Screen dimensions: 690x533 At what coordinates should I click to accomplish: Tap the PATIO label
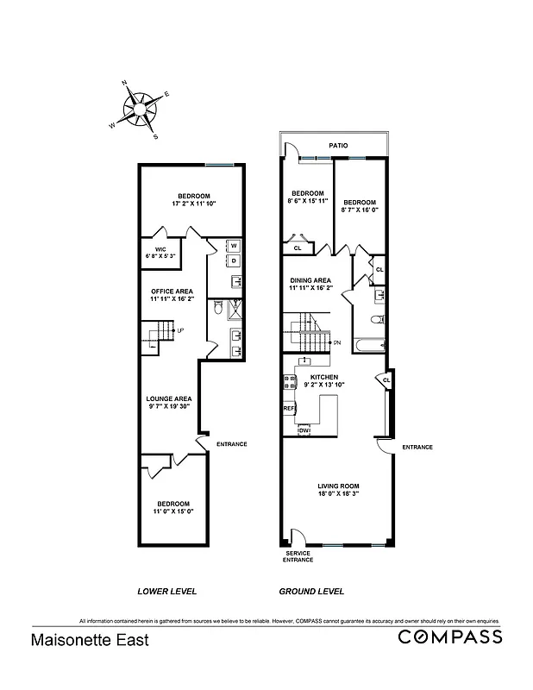click(x=338, y=146)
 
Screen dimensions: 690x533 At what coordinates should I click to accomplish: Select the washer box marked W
click(x=235, y=245)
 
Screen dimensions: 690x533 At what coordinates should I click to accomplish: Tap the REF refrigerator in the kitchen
click(x=289, y=408)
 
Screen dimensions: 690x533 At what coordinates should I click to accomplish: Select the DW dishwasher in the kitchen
click(x=304, y=430)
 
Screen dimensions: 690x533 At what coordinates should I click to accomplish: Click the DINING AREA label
click(x=310, y=280)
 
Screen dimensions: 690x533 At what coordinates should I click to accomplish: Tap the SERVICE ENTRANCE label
click(x=298, y=556)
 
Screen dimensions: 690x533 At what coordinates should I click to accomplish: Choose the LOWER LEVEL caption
click(x=167, y=592)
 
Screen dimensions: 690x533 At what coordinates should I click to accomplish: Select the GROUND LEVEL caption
click(x=311, y=592)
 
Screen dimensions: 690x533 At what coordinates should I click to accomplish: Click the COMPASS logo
click(x=449, y=637)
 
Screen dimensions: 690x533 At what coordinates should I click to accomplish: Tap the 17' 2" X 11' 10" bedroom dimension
click(x=193, y=204)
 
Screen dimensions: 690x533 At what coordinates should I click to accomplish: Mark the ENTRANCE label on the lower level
click(x=231, y=444)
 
